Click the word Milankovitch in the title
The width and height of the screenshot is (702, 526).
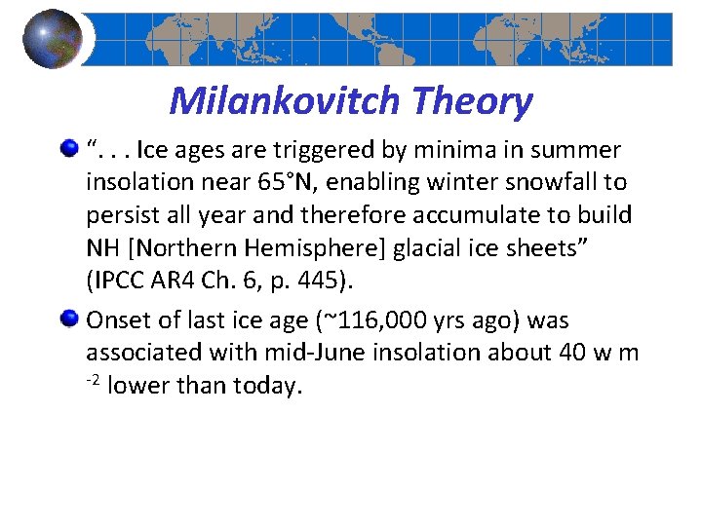click(285, 99)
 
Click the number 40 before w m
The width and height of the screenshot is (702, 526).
click(568, 353)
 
